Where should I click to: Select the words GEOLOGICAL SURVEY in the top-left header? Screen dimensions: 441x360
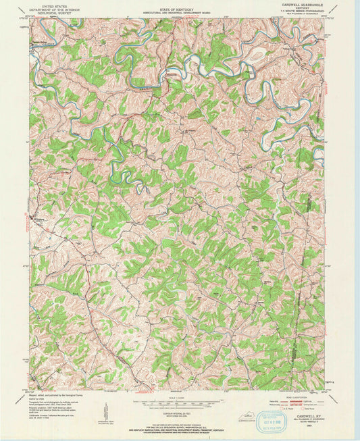57,12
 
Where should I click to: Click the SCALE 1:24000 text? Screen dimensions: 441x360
179,396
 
